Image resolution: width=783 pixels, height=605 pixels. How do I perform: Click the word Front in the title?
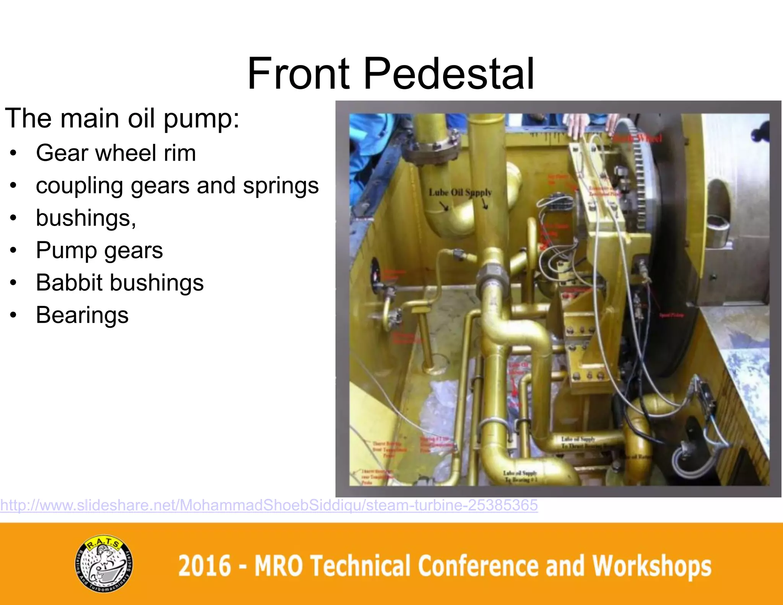click(299, 73)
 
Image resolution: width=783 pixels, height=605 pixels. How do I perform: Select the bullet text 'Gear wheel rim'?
click(116, 153)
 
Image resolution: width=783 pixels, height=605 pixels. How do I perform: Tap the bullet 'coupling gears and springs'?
click(177, 185)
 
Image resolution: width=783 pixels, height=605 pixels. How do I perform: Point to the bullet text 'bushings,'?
click(86, 218)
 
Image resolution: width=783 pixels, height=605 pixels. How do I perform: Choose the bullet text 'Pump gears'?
click(99, 250)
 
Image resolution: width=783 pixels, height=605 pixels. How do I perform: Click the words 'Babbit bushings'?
click(120, 283)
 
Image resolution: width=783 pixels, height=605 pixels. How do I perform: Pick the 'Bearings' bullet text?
click(82, 315)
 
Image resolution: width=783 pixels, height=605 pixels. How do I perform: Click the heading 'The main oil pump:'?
click(122, 118)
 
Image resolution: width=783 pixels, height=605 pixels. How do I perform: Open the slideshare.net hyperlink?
click(269, 505)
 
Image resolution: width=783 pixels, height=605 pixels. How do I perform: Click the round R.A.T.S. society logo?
click(104, 564)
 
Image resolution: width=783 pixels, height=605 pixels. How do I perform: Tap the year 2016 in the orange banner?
click(205, 566)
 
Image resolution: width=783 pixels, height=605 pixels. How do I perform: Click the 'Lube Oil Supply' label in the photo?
click(460, 192)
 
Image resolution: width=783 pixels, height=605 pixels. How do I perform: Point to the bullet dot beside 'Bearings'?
click(13, 316)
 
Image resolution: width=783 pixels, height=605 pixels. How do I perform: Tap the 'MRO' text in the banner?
click(279, 566)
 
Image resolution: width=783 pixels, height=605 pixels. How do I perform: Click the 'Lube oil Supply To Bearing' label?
click(520, 476)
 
